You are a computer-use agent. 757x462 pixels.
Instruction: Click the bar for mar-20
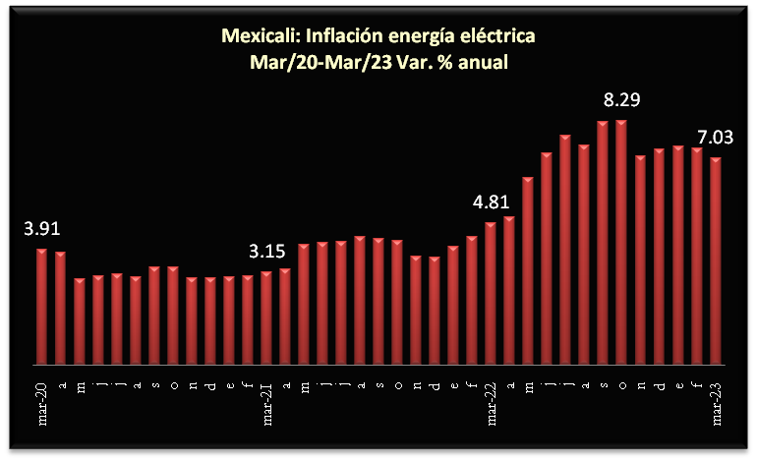coord(41,306)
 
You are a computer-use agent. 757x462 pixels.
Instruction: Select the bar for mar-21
coord(266,318)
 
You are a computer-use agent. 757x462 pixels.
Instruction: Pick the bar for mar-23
coord(716,260)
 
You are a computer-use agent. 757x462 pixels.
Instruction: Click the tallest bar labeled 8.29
coord(621,242)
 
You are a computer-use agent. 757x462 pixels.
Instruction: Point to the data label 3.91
coord(42,229)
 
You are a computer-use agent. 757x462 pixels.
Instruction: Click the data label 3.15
coord(266,253)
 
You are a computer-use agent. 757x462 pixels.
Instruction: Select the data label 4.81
coord(491,203)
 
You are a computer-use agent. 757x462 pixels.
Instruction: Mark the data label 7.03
coord(715,139)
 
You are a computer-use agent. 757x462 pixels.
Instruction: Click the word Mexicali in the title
coord(260,37)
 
